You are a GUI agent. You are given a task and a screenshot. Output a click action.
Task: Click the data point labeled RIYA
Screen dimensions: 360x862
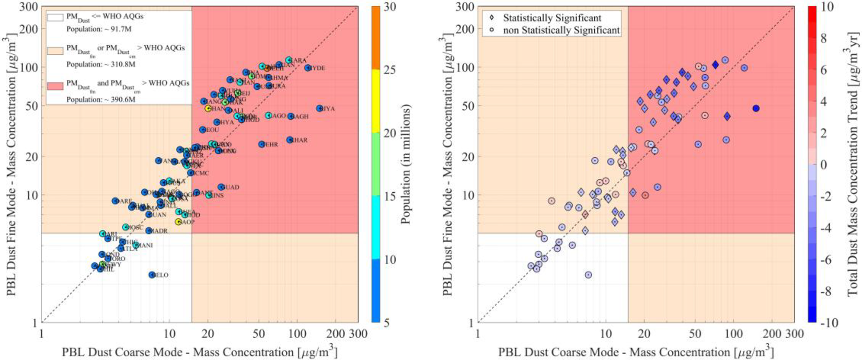coord(320,108)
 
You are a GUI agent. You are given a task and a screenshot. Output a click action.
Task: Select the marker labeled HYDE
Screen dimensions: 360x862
coord(308,68)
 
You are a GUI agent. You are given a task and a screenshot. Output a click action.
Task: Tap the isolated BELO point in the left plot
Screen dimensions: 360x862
coord(152,275)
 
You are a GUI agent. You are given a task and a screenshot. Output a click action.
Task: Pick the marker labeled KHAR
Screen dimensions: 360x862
coord(290,140)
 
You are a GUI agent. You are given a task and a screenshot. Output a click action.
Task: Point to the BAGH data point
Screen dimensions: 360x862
coord(291,116)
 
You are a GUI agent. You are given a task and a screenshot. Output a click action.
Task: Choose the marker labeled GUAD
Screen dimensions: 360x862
coord(221,187)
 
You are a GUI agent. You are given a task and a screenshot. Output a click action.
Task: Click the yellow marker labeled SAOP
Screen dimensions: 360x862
coord(178,222)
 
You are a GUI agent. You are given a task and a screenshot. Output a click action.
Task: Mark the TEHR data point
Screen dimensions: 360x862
coord(262,144)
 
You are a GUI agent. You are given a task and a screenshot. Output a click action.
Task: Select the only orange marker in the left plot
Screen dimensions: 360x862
coord(267,68)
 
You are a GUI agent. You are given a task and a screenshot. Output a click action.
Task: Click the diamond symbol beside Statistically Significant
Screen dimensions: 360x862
coord(493,18)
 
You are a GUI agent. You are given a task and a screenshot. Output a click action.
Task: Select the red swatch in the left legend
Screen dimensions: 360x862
coord(55,86)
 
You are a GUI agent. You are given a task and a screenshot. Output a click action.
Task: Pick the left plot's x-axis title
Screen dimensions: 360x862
coord(199,352)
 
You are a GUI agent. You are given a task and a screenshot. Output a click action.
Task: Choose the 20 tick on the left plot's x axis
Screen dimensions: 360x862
coord(208,334)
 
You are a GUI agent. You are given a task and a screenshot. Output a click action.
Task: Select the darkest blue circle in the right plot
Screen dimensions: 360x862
coord(756,108)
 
